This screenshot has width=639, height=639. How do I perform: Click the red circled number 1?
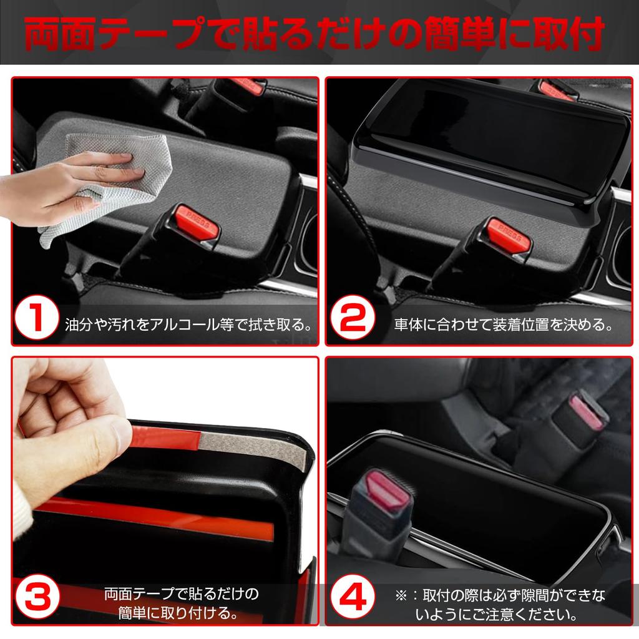pos(37,318)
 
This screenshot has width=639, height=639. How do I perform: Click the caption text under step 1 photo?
pos(188,325)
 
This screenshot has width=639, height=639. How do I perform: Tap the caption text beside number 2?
pos(502,325)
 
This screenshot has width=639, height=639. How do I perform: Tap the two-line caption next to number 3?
pos(181,602)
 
